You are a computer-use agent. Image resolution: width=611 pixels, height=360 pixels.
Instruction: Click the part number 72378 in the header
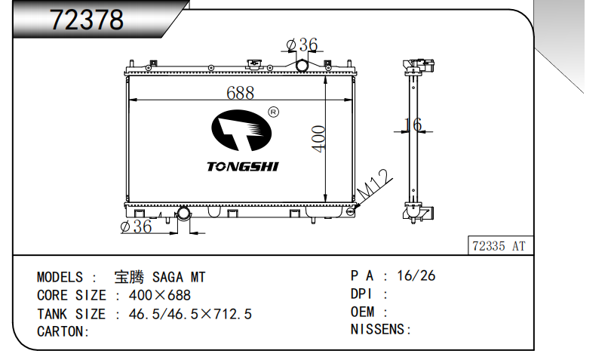(x=87, y=20)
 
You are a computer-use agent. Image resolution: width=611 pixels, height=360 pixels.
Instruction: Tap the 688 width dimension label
(x=240, y=93)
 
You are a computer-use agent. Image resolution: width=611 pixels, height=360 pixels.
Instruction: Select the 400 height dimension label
(x=319, y=139)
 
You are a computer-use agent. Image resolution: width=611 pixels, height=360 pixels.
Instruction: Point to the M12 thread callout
(x=374, y=184)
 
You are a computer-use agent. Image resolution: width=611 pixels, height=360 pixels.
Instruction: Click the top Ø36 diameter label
(x=302, y=45)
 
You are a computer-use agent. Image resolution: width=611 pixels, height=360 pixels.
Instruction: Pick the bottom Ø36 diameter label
(x=136, y=226)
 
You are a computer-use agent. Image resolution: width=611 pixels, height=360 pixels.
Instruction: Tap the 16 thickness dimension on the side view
(x=413, y=125)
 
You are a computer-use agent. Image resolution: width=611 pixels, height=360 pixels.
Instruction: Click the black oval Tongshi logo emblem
(x=241, y=131)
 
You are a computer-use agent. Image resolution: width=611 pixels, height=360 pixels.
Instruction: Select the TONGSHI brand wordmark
(x=242, y=167)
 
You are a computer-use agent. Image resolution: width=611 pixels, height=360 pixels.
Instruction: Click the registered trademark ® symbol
(x=274, y=112)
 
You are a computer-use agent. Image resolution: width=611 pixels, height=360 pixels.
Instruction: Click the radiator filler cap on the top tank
(x=254, y=64)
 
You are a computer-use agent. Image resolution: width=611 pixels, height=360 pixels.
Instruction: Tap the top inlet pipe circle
(x=302, y=66)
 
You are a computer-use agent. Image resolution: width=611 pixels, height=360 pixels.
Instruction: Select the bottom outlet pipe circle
(x=183, y=214)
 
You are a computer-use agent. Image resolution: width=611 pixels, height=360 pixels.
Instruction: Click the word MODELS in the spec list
(x=60, y=277)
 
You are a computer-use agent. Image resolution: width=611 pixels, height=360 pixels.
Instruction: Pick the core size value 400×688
(x=160, y=295)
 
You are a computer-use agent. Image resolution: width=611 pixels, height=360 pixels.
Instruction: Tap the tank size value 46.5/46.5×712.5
(x=190, y=314)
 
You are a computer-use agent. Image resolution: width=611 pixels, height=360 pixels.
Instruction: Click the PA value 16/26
(x=416, y=275)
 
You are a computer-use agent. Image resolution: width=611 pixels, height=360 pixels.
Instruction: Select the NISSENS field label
(x=380, y=329)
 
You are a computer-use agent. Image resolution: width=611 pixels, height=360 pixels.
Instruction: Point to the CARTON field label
(x=63, y=331)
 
